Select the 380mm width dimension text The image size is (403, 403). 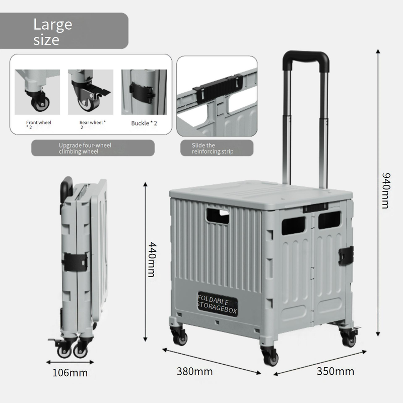click(x=194, y=372)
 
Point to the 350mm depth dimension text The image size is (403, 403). click(x=335, y=372)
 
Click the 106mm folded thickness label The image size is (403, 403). click(x=70, y=373)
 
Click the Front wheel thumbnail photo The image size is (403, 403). click(x=37, y=92)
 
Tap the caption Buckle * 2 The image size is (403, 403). click(x=144, y=123)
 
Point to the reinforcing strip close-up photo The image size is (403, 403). click(x=217, y=96)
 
